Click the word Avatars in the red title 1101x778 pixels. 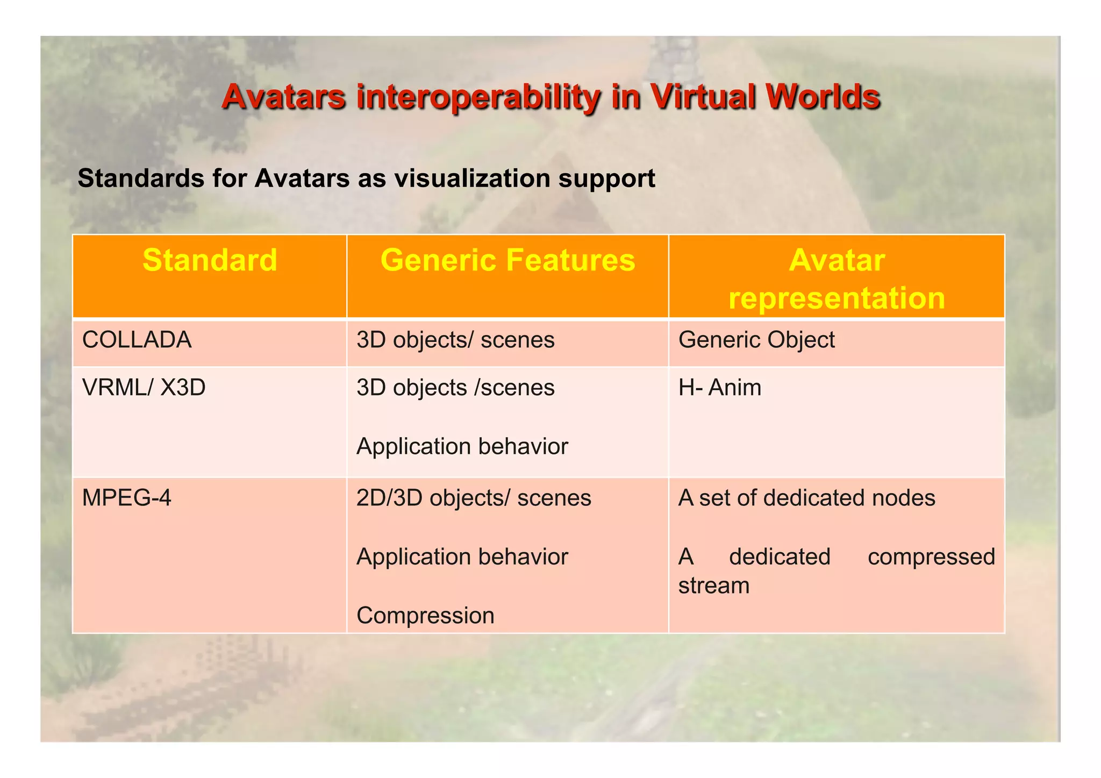tap(283, 97)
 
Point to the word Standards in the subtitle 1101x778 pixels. tap(140, 179)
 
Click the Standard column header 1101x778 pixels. tap(210, 260)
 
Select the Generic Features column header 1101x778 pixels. tap(507, 260)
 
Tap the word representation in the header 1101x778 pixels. tap(837, 298)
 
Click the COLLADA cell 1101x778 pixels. tap(137, 340)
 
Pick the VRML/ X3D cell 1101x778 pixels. tap(144, 388)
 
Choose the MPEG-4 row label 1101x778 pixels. tap(126, 498)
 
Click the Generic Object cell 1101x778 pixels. tap(756, 340)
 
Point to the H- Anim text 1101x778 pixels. tap(720, 388)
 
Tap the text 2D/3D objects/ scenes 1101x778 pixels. tap(474, 498)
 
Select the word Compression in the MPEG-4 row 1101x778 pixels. tap(425, 616)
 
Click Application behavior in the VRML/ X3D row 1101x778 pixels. tap(462, 447)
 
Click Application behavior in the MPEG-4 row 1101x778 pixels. tap(462, 557)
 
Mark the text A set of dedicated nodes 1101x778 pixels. tap(806, 498)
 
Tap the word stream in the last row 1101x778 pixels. tap(713, 586)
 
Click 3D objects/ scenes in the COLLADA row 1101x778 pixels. tap(455, 340)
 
